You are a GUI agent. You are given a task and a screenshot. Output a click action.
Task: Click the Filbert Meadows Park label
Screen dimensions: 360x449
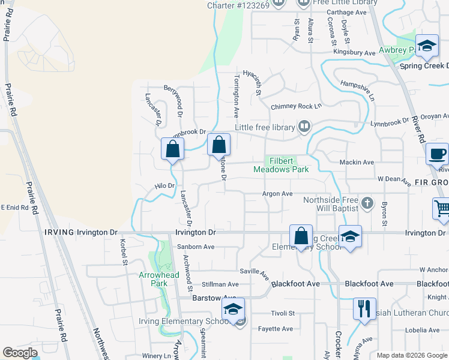point(281,165)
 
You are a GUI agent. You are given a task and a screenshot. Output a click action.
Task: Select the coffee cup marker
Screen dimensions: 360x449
point(437,154)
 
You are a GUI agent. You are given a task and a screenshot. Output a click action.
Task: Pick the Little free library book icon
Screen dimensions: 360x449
point(305,127)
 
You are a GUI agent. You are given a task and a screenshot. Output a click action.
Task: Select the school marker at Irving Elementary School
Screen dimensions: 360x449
point(232,310)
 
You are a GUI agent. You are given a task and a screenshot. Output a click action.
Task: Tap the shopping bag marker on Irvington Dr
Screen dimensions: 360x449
point(301,236)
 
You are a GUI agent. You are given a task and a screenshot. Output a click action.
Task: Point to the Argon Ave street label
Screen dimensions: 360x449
point(277,194)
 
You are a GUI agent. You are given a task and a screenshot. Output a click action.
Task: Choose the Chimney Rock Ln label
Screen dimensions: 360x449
point(297,106)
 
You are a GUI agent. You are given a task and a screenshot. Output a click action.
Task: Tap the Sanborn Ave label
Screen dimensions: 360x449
point(196,247)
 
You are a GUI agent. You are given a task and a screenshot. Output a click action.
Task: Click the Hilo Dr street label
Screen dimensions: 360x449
point(164,186)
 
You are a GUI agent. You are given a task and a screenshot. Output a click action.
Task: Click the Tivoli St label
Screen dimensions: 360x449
point(282,313)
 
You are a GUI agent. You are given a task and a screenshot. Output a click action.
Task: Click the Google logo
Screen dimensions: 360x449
point(20,353)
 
